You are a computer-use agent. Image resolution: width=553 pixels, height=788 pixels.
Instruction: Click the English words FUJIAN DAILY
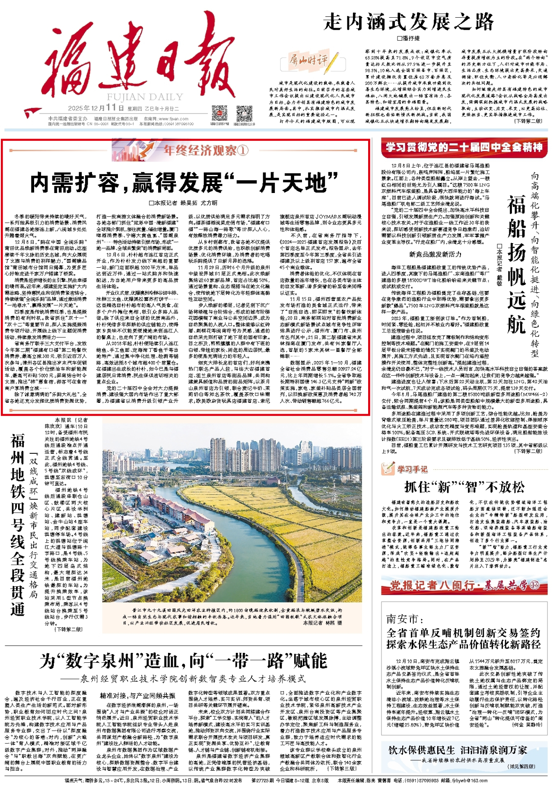pyautogui.click(x=145, y=97)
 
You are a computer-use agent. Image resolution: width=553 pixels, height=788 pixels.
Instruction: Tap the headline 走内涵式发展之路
pyautogui.click(x=408, y=22)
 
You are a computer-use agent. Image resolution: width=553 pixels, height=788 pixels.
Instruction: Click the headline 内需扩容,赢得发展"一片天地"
pyautogui.click(x=184, y=182)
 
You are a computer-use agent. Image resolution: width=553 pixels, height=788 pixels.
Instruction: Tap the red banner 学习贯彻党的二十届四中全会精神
pyautogui.click(x=464, y=148)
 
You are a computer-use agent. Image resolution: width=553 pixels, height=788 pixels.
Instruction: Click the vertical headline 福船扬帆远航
pyautogui.click(x=516, y=266)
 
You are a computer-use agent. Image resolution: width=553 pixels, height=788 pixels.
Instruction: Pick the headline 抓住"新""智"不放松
pyautogui.click(x=464, y=487)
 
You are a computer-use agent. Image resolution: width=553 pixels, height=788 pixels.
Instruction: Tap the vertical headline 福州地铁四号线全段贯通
pyautogui.click(x=18, y=525)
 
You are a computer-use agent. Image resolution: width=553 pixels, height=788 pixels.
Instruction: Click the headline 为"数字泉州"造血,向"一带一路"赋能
pyautogui.click(x=184, y=661)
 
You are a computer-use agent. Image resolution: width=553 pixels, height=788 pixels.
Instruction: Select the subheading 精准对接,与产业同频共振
pyautogui.click(x=137, y=696)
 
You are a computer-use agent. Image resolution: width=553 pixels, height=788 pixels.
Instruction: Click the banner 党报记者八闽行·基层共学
pyautogui.click(x=464, y=585)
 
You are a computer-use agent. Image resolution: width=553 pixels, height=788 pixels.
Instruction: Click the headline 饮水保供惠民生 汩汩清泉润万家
pyautogui.click(x=458, y=750)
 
